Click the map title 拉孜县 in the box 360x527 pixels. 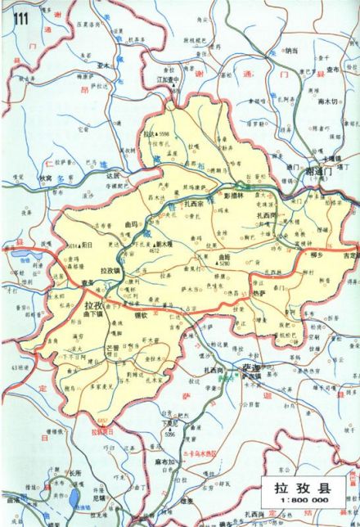coord(302,489)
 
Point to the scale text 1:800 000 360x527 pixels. coord(302,505)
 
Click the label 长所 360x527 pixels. coord(74,472)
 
